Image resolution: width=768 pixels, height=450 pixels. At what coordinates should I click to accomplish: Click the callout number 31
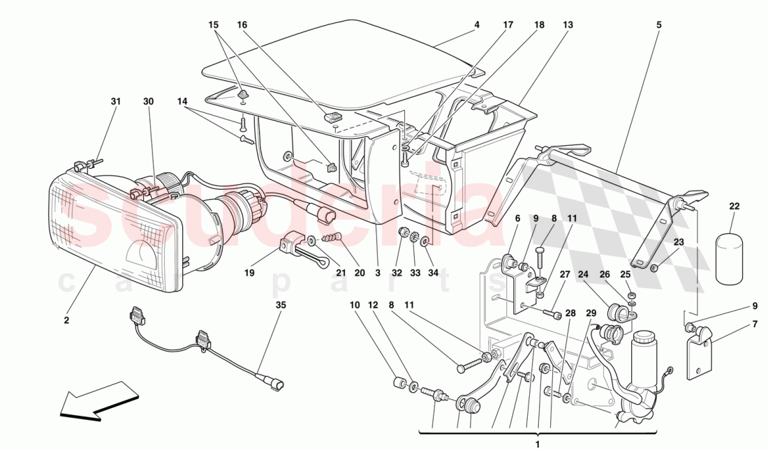coord(116,101)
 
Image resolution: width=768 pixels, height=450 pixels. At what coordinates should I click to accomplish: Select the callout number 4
coord(477,24)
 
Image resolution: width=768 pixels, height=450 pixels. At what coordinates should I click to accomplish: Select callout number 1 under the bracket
coord(537,444)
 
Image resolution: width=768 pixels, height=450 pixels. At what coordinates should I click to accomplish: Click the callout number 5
coord(658,24)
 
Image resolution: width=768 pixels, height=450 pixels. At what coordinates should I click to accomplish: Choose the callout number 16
coord(242,24)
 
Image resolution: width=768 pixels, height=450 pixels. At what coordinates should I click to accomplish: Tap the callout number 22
coord(734,207)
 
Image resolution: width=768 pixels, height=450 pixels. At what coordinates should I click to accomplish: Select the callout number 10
coord(355,305)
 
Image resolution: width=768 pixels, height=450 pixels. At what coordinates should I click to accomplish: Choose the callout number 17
coord(508,24)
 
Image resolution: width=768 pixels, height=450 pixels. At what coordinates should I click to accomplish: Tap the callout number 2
coord(66,320)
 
